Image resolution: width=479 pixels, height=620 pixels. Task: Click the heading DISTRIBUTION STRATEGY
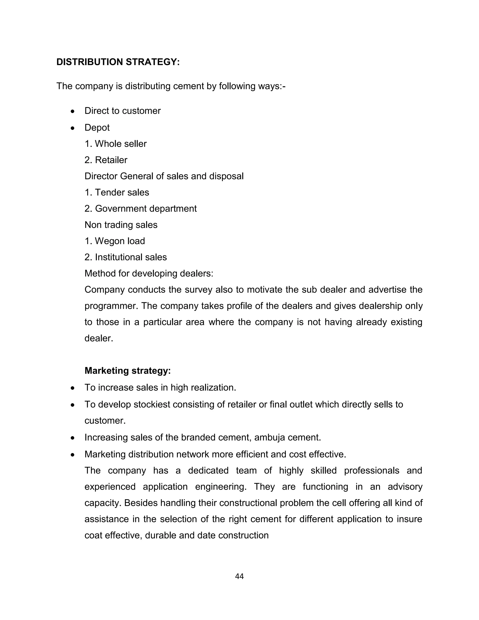pos(118,62)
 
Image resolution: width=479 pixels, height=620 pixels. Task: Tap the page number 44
pos(239,576)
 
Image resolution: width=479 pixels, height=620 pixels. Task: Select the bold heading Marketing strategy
pos(128,371)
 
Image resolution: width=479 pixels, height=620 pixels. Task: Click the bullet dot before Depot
pos(73,128)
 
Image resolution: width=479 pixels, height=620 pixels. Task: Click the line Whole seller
pos(116,144)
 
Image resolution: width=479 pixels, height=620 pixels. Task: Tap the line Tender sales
pos(117,193)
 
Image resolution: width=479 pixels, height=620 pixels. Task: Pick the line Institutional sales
pos(126,257)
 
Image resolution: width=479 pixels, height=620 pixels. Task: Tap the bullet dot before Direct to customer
pos(73,112)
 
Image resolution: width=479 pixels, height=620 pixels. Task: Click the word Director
pos(101,176)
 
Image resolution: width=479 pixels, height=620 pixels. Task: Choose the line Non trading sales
pos(121,225)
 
